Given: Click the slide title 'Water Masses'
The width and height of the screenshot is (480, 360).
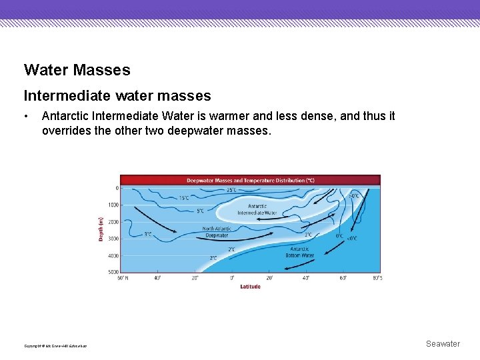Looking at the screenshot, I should [x=77, y=69].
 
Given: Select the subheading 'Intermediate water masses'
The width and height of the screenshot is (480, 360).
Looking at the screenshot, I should [x=117, y=96].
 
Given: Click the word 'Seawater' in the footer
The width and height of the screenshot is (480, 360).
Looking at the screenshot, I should [x=443, y=344].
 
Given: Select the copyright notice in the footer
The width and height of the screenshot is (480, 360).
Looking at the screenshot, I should [x=55, y=345].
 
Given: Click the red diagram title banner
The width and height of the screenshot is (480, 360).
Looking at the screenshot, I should [x=250, y=180].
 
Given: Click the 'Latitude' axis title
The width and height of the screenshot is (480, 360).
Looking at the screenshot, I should [x=250, y=287].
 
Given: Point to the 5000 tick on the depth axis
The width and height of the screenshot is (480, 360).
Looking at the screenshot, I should [x=113, y=272].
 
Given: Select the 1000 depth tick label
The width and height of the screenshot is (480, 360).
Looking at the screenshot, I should [x=113, y=204].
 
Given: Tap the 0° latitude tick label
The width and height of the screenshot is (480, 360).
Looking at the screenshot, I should [x=232, y=278].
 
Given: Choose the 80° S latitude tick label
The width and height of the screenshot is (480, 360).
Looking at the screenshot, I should [x=376, y=278].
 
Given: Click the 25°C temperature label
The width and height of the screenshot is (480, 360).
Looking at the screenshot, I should [x=231, y=190].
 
